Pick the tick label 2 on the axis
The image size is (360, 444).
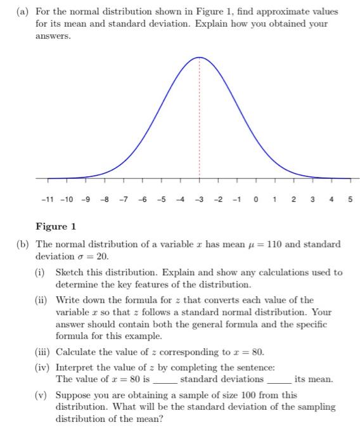pos(293,200)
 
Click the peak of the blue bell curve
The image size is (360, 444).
pos(200,58)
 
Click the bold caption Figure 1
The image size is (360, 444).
pos(56,226)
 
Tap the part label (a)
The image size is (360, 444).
pos(24,12)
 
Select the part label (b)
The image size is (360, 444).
pos(24,244)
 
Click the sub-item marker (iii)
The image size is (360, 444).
pos(43,351)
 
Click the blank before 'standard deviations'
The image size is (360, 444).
pos(165,381)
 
